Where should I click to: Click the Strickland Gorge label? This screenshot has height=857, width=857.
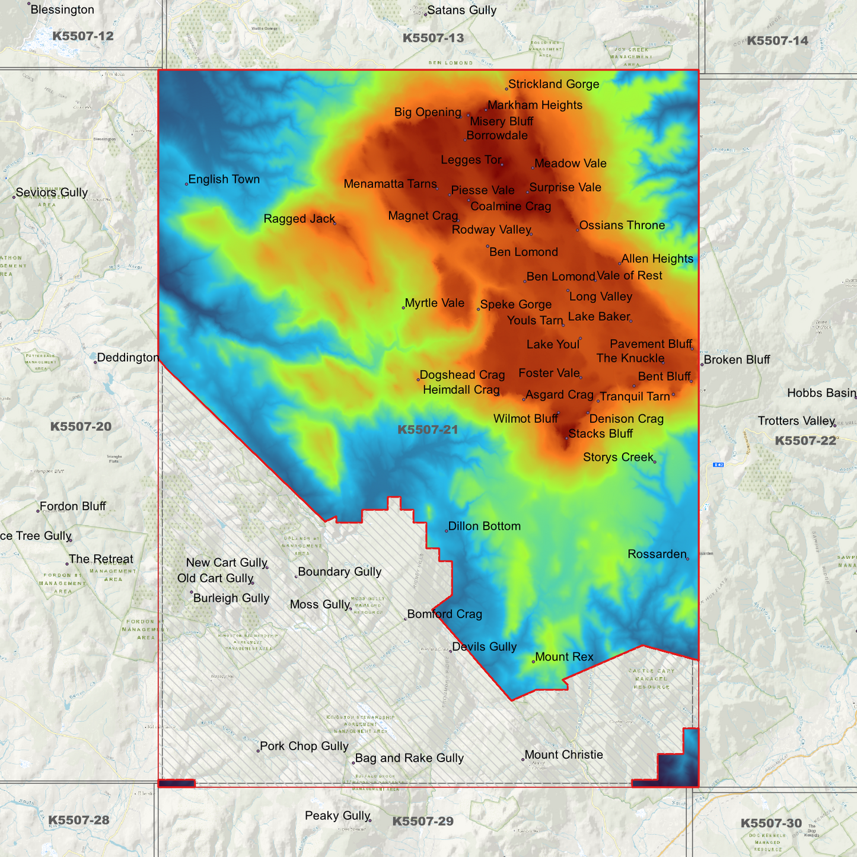553,84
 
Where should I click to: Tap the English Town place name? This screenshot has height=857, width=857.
224,179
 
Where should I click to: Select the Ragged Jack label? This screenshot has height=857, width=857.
300,219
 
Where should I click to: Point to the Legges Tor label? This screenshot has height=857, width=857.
471,160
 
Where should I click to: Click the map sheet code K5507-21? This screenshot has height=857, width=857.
428,429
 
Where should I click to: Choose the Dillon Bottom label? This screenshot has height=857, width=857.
484,526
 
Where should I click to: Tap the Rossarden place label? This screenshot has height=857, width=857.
657,554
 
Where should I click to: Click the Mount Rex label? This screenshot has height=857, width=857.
564,657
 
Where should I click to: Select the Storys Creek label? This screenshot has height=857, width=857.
618,457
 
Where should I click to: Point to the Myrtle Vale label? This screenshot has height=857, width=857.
434,303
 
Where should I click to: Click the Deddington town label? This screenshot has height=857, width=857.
128,358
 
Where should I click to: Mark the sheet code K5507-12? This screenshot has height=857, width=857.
82,36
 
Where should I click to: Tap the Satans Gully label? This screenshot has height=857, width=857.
461,10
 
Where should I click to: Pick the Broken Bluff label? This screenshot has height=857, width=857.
737,359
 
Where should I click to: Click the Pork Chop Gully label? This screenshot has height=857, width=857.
304,746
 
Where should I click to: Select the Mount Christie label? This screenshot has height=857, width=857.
563,754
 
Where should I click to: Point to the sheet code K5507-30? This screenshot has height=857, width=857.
771,823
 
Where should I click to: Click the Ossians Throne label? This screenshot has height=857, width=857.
622,225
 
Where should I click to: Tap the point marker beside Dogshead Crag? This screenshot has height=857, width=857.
418,379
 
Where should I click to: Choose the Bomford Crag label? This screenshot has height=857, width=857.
444,614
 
